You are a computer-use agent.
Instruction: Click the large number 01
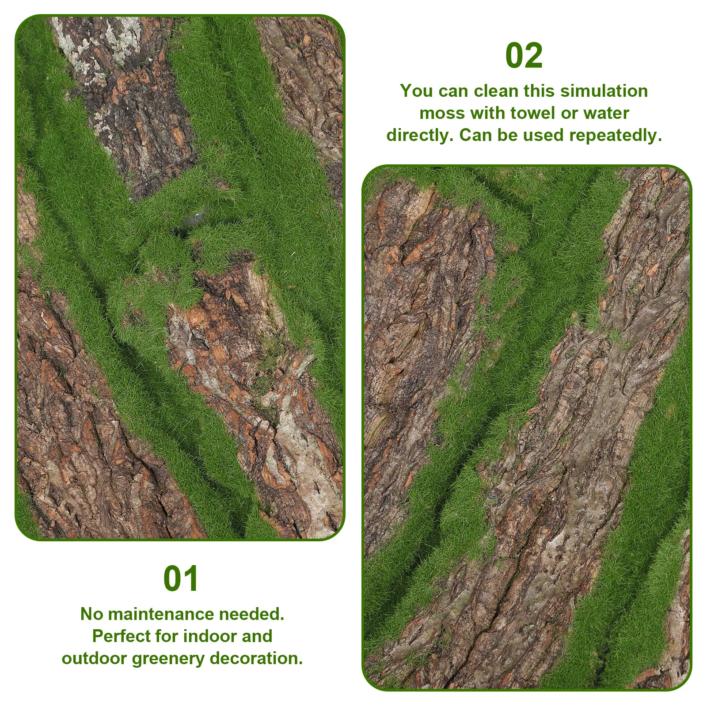coord(181,579)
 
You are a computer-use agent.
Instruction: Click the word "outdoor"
coord(95,658)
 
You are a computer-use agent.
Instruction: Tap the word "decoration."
coord(256,658)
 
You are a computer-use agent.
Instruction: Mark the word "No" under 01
coord(91,614)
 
